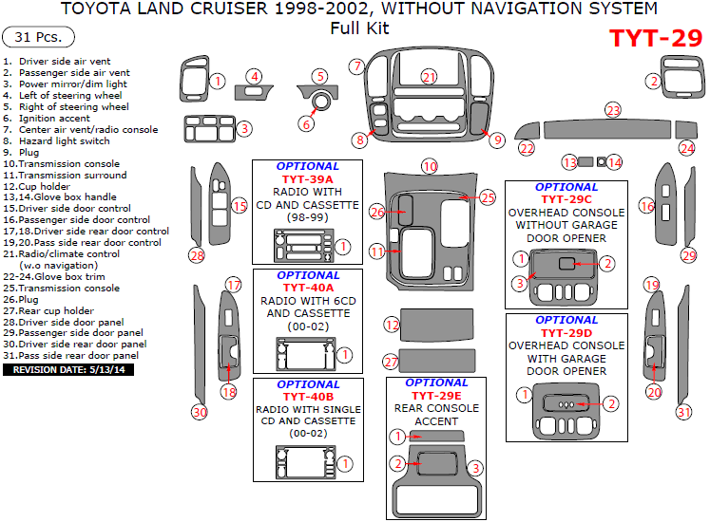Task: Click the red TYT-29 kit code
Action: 654,39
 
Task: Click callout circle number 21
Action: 430,77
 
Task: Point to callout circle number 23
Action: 613,111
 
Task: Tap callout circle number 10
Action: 430,166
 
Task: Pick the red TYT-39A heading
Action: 307,179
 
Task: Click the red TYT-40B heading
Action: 306,396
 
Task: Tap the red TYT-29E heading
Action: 436,395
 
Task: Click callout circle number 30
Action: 200,412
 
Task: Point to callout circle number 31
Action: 684,412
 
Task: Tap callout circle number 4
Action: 254,76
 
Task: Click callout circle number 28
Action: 197,254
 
